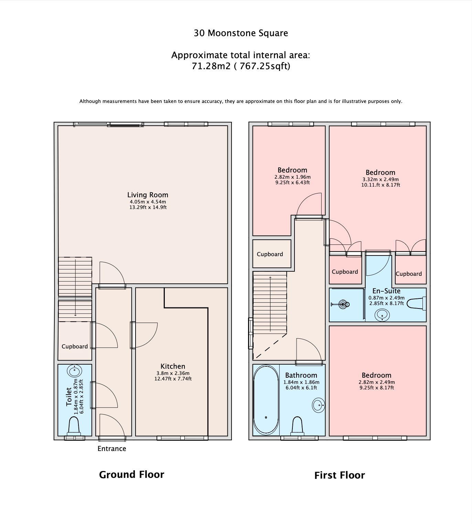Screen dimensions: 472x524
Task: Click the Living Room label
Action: [x=148, y=195]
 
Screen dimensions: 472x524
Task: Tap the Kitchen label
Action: [x=173, y=366]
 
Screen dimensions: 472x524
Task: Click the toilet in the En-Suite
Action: [x=416, y=304]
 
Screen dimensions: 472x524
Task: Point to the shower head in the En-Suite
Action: [x=343, y=304]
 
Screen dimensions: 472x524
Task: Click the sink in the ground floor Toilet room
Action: [x=74, y=371]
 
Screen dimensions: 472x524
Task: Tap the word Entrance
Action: [x=111, y=449]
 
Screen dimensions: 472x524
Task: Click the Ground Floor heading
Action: [x=131, y=474]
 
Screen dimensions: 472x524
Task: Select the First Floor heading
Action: [x=340, y=475]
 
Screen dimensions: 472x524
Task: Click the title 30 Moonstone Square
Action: [x=241, y=33]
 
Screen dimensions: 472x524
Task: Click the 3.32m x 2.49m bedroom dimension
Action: [x=380, y=179]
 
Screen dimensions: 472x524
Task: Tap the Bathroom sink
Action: [x=318, y=405]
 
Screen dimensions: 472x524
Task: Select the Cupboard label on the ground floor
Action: [x=75, y=346]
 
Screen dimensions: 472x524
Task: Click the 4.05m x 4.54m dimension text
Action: [x=148, y=202]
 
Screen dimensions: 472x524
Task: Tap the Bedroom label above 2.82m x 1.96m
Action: [x=292, y=170]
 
